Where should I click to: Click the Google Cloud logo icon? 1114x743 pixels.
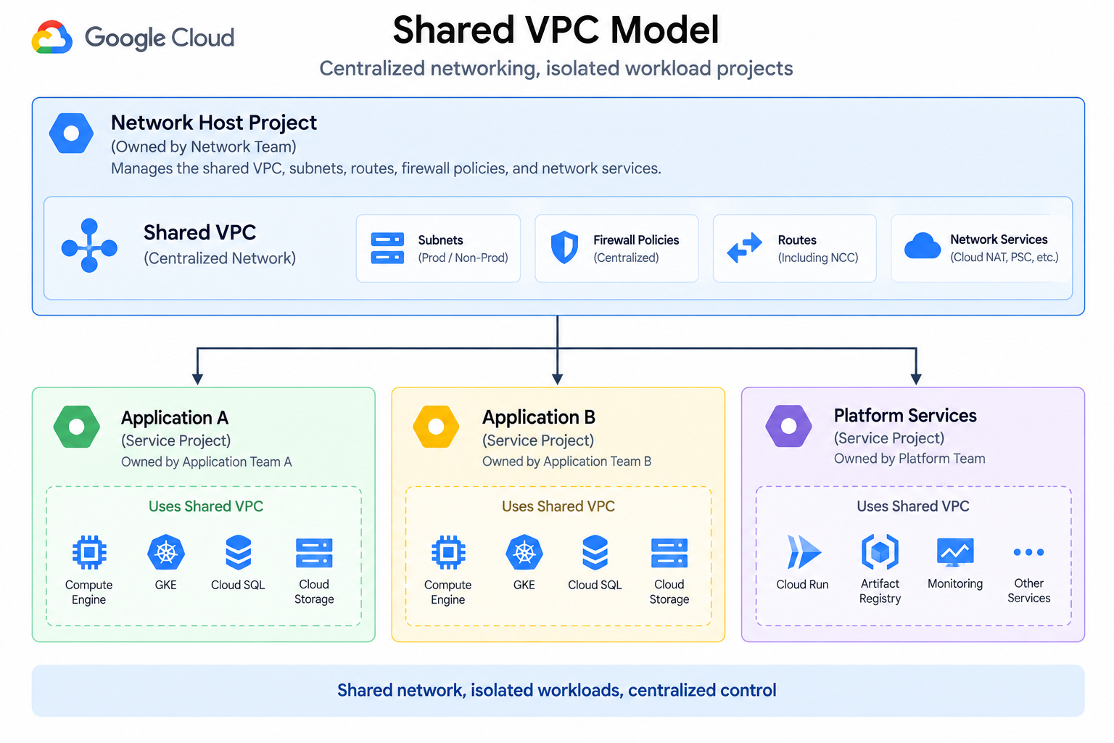click(51, 37)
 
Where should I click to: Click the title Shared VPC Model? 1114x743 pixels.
click(556, 30)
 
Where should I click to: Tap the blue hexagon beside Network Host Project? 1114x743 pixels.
click(71, 133)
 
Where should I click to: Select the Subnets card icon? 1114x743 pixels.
click(387, 248)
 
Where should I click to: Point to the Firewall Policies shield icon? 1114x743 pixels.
click(564, 247)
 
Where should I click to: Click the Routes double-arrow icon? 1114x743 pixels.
click(745, 247)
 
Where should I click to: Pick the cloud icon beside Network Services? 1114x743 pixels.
click(923, 246)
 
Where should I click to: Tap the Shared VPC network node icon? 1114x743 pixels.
click(89, 245)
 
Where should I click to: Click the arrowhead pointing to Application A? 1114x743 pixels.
click(197, 379)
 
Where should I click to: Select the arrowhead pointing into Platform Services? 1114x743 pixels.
click(916, 379)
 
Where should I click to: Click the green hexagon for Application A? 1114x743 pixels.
click(77, 427)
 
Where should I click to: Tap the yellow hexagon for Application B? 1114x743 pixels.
click(436, 427)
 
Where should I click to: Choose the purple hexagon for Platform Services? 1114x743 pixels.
click(789, 426)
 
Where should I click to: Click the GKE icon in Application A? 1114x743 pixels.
click(166, 552)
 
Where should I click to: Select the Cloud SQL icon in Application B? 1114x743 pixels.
click(595, 552)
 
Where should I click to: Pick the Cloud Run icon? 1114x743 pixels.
click(803, 551)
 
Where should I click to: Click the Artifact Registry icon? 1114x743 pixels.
click(880, 551)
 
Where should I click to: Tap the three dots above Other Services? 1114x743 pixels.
click(1028, 552)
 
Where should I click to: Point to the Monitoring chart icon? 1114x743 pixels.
click(955, 552)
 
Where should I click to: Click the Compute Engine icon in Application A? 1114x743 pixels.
click(89, 552)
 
